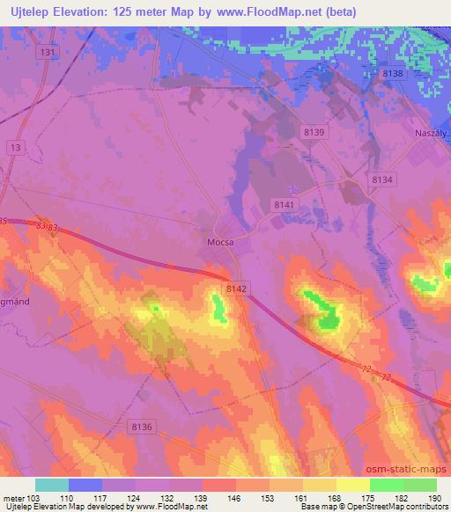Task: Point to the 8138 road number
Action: coord(392,74)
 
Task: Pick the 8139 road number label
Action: coord(312,132)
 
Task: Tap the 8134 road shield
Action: coord(381,179)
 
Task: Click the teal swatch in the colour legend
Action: coord(51,485)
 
